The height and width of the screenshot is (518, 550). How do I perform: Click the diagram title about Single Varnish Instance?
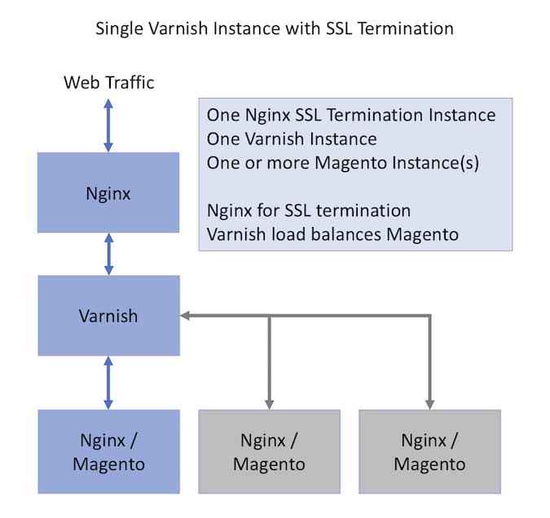(275, 29)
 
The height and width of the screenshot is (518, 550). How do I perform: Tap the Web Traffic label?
(108, 82)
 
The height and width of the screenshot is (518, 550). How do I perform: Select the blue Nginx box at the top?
(108, 193)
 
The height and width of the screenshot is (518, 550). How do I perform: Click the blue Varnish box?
(108, 315)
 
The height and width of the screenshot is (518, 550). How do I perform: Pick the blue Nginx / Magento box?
(108, 452)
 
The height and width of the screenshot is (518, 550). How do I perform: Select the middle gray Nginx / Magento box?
(269, 452)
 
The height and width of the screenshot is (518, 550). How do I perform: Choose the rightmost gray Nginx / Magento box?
(429, 452)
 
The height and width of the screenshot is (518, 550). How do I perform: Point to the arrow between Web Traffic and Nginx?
(108, 125)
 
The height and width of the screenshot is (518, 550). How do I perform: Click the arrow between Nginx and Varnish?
(108, 254)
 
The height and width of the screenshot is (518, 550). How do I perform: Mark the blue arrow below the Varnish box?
(108, 383)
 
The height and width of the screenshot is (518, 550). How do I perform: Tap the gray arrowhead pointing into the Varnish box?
(186, 315)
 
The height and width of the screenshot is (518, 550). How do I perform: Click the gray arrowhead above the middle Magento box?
(269, 404)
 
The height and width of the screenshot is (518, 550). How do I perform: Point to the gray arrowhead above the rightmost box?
(429, 404)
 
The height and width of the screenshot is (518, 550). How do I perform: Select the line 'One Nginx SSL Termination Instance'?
(350, 115)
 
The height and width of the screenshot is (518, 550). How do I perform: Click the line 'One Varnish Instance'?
(291, 138)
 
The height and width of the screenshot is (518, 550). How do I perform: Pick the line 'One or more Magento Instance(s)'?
(342, 162)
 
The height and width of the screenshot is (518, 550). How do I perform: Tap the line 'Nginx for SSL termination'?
(308, 211)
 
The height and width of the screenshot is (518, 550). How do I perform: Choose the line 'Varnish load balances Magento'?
(332, 235)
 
